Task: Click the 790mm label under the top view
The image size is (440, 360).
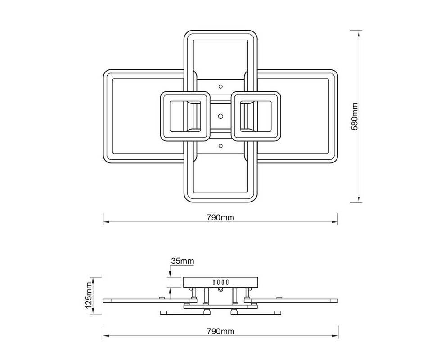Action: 220,217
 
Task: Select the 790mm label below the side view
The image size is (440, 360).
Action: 220,331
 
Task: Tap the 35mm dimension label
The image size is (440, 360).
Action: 183,261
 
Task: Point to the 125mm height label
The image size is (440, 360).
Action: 89,296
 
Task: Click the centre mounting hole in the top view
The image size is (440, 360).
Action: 220,116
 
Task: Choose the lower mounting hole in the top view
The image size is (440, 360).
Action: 220,146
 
